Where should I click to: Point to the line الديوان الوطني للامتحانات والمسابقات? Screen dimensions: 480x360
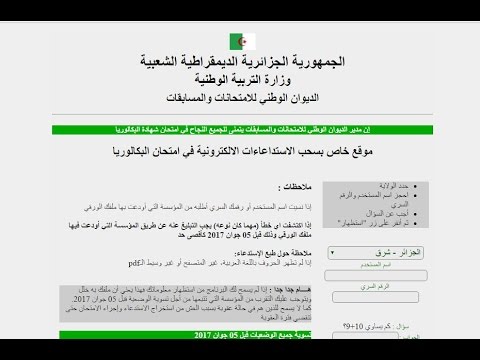(239, 100)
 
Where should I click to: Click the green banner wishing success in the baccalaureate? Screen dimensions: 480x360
(240, 130)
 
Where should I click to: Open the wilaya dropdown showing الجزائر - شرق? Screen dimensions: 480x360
(359, 253)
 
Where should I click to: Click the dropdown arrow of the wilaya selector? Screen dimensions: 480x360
(331, 253)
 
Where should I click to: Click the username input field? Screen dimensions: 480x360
(359, 275)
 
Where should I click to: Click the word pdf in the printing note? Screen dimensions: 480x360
(134, 263)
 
